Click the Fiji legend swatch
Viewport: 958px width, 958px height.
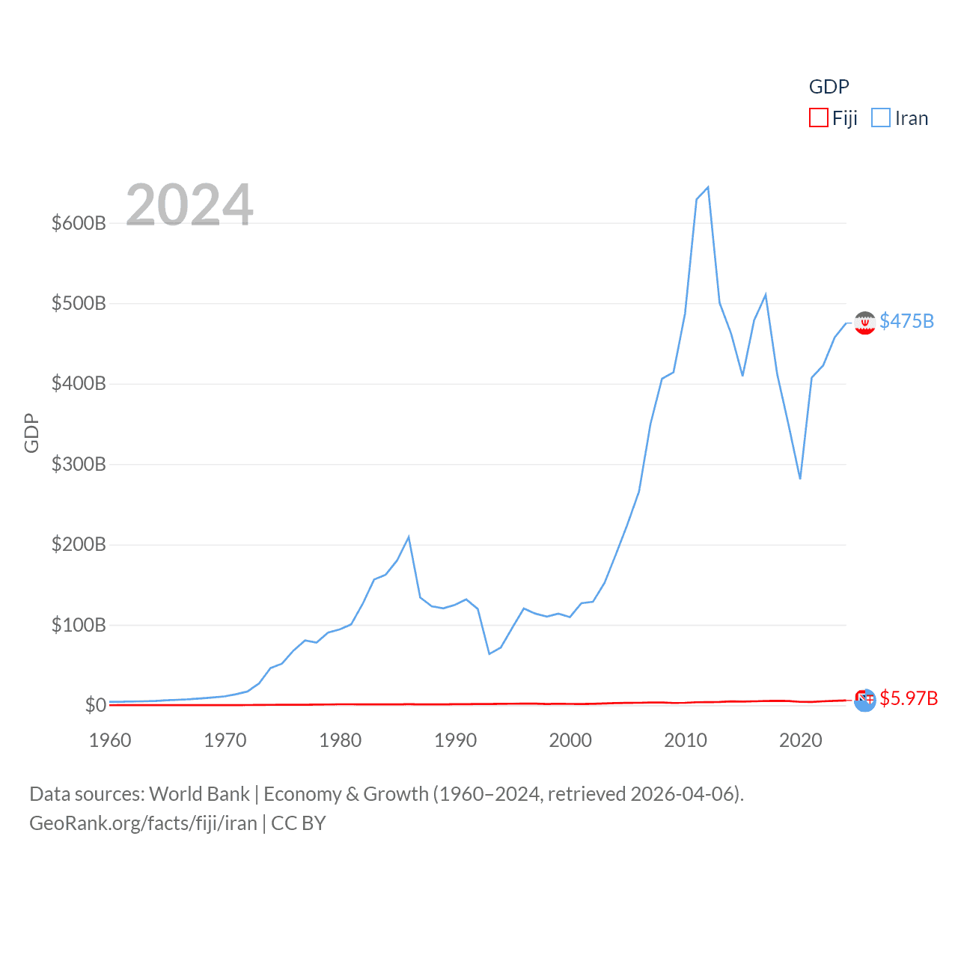[x=819, y=118]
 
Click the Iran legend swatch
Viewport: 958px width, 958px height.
[x=881, y=118]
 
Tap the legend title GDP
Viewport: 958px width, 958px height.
[x=829, y=87]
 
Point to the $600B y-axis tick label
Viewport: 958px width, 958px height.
[x=79, y=223]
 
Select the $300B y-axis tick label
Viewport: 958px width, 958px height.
[x=79, y=464]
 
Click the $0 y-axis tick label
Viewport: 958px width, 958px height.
[x=95, y=705]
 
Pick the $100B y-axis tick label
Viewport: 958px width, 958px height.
[x=79, y=625]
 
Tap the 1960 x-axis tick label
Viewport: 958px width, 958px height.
[x=110, y=740]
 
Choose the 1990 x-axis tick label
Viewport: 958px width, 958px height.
[x=455, y=740]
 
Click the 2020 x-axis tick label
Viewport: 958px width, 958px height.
[x=800, y=740]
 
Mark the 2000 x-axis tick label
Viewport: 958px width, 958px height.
[x=570, y=740]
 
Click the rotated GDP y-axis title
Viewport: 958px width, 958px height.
[x=31, y=433]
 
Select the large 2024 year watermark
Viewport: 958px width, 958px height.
[x=189, y=204]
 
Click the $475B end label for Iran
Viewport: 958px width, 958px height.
[x=906, y=321]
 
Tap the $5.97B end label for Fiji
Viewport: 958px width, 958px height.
[x=909, y=698]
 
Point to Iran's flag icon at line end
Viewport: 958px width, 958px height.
[x=864, y=323]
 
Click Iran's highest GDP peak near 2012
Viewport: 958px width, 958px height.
[x=707, y=187]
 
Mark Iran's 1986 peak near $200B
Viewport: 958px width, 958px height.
[x=409, y=537]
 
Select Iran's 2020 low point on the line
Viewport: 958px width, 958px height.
[x=800, y=478]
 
